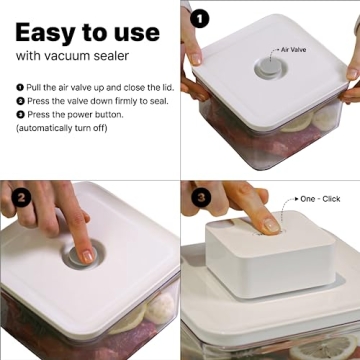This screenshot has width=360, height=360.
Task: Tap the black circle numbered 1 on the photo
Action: coord(199,17)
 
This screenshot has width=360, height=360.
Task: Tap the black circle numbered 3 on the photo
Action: coord(199,197)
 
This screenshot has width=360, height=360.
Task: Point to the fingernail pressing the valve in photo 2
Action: coord(88,256)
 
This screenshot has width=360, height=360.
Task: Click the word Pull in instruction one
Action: coord(33,89)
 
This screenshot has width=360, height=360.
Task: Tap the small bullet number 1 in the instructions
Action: coord(20,89)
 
